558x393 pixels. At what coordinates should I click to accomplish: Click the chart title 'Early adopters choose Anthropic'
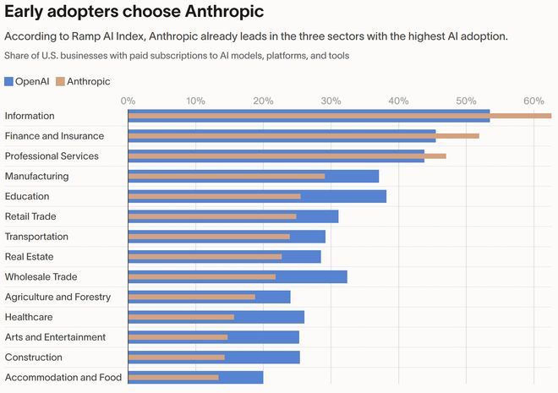click(x=133, y=12)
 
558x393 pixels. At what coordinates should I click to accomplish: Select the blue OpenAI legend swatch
click(x=8, y=81)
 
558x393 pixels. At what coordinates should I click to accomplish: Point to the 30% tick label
click(x=331, y=101)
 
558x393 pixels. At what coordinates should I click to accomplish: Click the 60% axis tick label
click(x=533, y=101)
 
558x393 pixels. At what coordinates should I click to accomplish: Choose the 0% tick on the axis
click(x=129, y=101)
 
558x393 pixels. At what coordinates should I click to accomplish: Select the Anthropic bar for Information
click(x=338, y=116)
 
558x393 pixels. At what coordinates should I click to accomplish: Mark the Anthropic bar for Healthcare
click(x=181, y=317)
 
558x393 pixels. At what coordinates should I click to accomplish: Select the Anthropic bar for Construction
click(x=176, y=358)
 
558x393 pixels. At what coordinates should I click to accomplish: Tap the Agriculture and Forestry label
click(x=57, y=297)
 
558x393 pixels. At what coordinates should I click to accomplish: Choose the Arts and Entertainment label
click(x=55, y=337)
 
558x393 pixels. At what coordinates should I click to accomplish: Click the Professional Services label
click(x=52, y=156)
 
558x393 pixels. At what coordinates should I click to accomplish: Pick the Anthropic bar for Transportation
click(x=209, y=237)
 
